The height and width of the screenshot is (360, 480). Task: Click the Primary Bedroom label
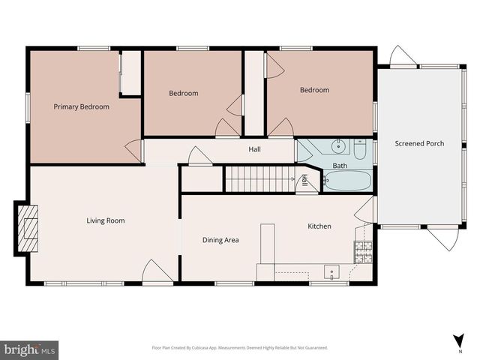click(81, 106)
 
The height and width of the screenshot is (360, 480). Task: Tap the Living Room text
click(105, 220)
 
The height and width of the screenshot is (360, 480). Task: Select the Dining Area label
click(220, 240)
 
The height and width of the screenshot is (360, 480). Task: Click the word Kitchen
click(319, 226)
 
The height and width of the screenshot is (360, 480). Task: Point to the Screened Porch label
click(419, 143)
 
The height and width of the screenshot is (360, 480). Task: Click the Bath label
click(340, 166)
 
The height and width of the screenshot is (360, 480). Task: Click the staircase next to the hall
click(259, 179)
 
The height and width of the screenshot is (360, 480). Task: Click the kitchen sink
click(331, 271)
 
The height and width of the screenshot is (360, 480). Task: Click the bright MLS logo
click(30, 349)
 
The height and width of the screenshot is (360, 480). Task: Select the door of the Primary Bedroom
click(136, 151)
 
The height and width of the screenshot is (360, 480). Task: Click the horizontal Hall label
click(254, 149)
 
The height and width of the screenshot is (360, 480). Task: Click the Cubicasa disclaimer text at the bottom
click(239, 348)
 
